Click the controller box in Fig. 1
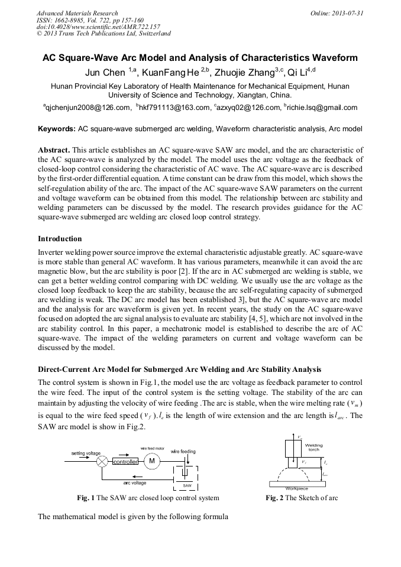pyautogui.click(x=125, y=461)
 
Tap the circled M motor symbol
pyautogui.click(x=151, y=461)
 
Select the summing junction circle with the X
pyautogui.click(x=102, y=461)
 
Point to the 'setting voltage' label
pyautogui.click(x=86, y=453)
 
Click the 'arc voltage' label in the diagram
pyautogui.click(x=135, y=482)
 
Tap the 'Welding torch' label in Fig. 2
pyautogui.click(x=313, y=448)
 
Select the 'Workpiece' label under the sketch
pyautogui.click(x=296, y=489)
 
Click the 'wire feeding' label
pyautogui.click(x=183, y=451)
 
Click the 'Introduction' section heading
pyautogui.click(x=60, y=239)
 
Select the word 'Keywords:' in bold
pyautogui.click(x=57, y=128)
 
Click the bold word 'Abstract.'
pyautogui.click(x=55, y=151)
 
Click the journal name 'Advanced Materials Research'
pyautogui.click(x=77, y=12)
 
